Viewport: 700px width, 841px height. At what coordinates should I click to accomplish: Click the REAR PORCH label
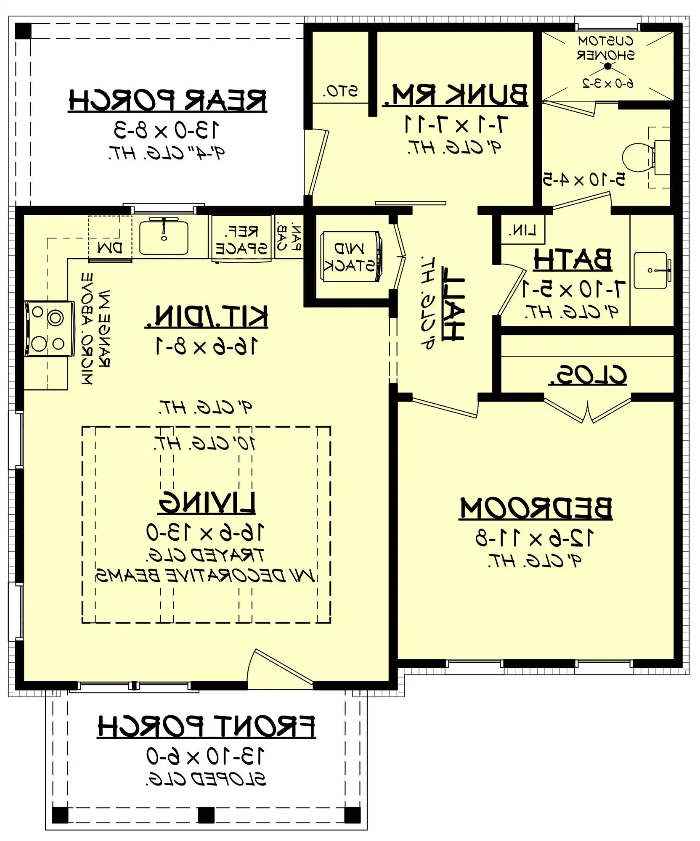click(x=167, y=101)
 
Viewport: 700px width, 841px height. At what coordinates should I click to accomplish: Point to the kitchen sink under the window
click(x=164, y=238)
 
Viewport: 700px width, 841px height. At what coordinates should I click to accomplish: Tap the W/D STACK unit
click(x=350, y=257)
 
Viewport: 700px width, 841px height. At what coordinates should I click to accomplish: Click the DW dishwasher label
click(x=110, y=248)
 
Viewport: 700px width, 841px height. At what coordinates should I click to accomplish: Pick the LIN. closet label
click(x=522, y=230)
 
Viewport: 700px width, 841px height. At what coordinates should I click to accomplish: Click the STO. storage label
click(x=341, y=91)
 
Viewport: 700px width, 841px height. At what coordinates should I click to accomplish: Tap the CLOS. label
click(x=587, y=376)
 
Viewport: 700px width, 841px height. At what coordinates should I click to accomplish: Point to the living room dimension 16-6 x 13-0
click(x=205, y=532)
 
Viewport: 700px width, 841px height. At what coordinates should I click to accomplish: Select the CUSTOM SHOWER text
click(x=606, y=48)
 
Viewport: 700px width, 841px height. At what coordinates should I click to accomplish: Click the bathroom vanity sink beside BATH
click(x=650, y=270)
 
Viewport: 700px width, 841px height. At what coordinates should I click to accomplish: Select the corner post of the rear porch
click(x=23, y=31)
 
